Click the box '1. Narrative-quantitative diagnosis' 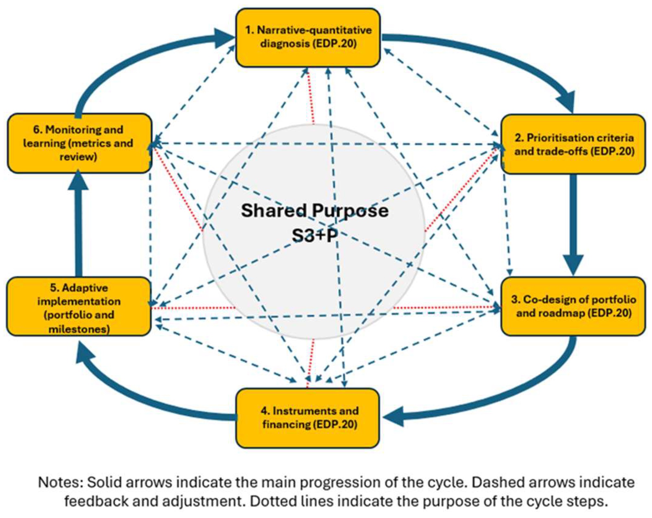tap(308, 38)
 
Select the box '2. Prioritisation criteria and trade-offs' tap(573, 144)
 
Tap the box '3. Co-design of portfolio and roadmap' tap(573, 306)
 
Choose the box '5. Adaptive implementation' tap(79, 306)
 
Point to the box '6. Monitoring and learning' tap(79, 143)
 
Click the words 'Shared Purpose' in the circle tap(315, 211)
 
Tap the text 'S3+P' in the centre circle tap(315, 235)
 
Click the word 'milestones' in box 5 tap(79, 329)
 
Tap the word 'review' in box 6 tap(78, 157)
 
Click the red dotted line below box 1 tap(311, 97)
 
